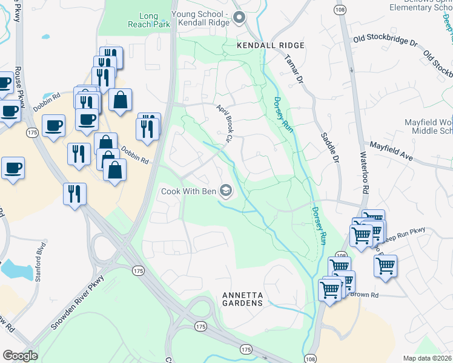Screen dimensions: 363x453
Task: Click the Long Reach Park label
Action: tap(143, 21)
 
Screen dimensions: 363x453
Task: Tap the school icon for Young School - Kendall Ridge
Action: tap(239, 18)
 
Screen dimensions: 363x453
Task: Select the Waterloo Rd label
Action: tap(365, 176)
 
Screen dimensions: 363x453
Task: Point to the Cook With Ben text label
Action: tap(188, 192)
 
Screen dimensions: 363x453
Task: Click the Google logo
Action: tap(20, 355)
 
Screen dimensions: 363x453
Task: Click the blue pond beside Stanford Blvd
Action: tap(12, 267)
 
